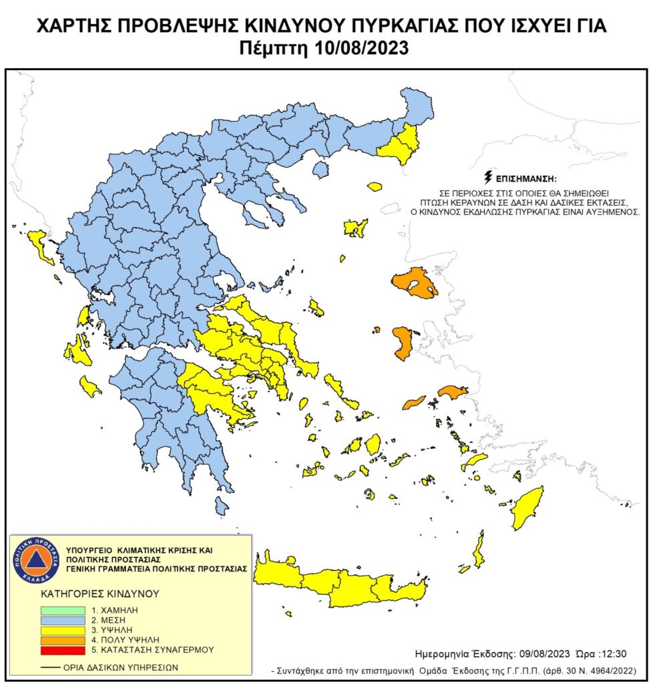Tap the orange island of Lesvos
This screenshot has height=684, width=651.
(x=414, y=283)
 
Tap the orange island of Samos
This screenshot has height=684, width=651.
(x=453, y=391)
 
